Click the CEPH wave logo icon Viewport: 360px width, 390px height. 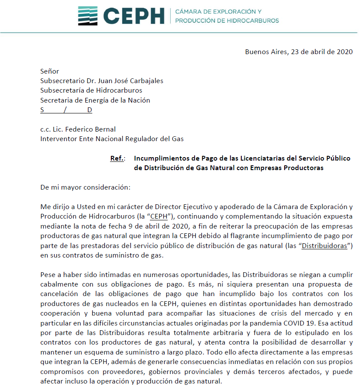88,16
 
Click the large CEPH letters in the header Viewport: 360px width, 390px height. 134,16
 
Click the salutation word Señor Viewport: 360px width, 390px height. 49,71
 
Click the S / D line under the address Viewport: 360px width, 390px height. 66,110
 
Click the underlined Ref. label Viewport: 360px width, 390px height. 117,158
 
